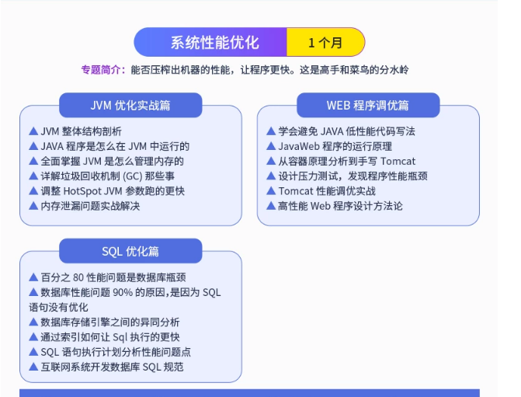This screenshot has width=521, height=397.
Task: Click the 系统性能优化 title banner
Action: (214, 42)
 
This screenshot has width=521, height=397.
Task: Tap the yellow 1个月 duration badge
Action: (325, 42)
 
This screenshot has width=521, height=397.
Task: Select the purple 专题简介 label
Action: (102, 70)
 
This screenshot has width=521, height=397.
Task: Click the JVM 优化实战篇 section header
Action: (130, 105)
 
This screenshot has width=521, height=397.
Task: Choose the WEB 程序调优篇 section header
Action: (368, 105)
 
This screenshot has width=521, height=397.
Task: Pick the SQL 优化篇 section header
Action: (130, 251)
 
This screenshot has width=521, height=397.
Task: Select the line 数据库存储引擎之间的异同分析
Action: (109, 322)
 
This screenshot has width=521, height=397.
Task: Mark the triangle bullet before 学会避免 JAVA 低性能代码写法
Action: (270, 131)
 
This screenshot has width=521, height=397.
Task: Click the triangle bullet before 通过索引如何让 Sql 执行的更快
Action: (33, 336)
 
